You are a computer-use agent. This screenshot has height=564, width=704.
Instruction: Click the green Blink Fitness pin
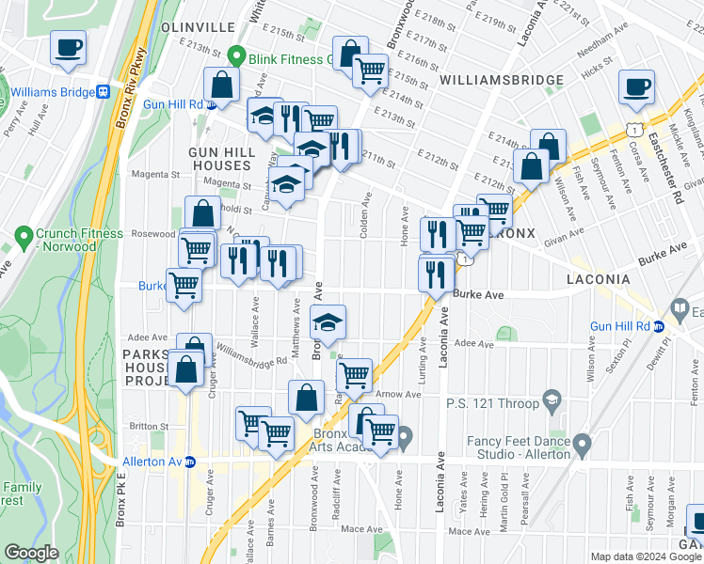238,57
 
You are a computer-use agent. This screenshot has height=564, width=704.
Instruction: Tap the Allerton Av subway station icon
190,462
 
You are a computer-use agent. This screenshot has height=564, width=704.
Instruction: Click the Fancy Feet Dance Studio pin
583,442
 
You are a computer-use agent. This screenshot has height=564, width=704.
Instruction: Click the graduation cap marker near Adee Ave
328,322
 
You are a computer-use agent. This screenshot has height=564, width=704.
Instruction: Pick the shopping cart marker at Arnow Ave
354,375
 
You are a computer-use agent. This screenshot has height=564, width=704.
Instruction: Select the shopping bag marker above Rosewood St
202,213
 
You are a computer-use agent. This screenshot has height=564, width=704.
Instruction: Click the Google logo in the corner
33,553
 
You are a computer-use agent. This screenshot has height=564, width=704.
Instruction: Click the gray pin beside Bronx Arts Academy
405,436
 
